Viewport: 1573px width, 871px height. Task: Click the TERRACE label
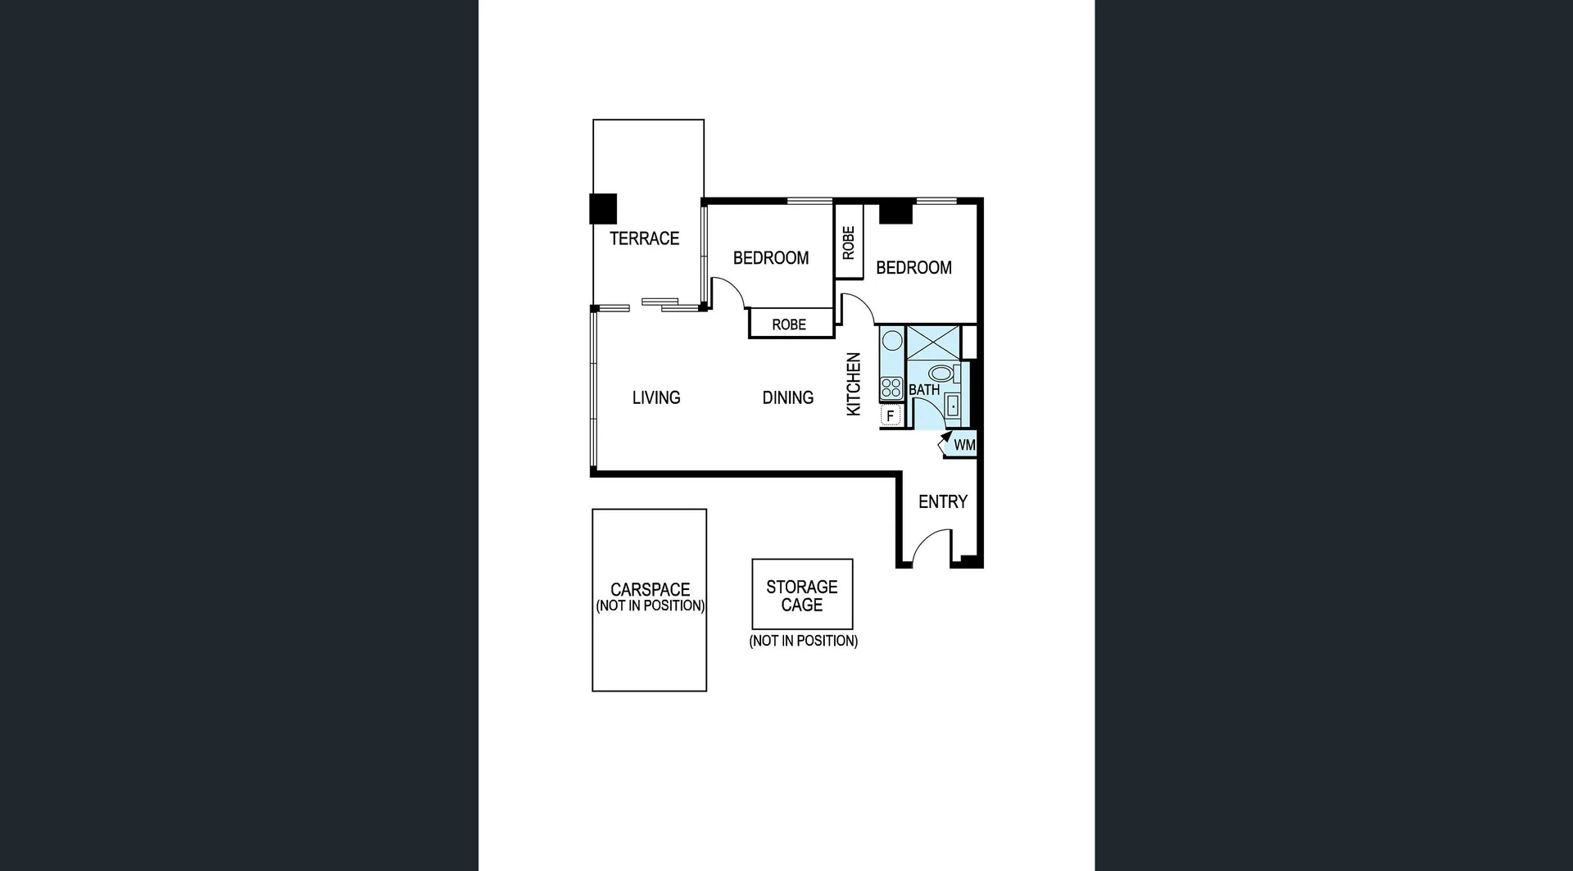644,238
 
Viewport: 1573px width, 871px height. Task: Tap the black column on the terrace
603,208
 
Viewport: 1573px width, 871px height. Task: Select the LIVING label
656,397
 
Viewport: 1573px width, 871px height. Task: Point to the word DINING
787,397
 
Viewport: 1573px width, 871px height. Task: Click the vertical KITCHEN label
854,383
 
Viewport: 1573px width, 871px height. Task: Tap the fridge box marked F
890,416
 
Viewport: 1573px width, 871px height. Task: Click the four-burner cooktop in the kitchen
891,388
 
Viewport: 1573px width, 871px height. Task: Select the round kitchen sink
892,340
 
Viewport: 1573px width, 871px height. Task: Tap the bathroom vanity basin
953,406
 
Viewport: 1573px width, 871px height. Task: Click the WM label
964,445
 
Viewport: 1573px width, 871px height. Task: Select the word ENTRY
942,501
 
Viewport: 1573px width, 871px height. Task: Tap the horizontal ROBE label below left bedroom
789,324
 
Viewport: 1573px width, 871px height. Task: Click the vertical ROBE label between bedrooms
849,243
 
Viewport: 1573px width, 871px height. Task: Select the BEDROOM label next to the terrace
770,258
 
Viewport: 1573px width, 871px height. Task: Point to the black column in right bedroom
895,211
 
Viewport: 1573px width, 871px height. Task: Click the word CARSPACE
650,589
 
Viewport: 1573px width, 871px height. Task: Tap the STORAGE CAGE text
801,596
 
